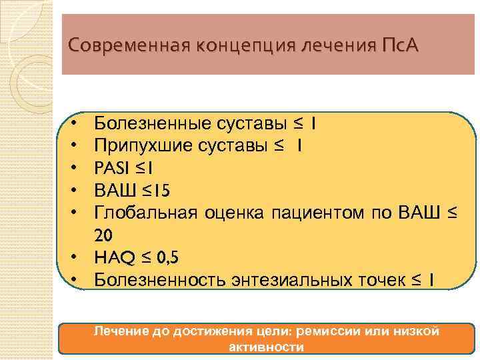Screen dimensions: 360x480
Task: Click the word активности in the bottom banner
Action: pyautogui.click(x=267, y=347)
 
